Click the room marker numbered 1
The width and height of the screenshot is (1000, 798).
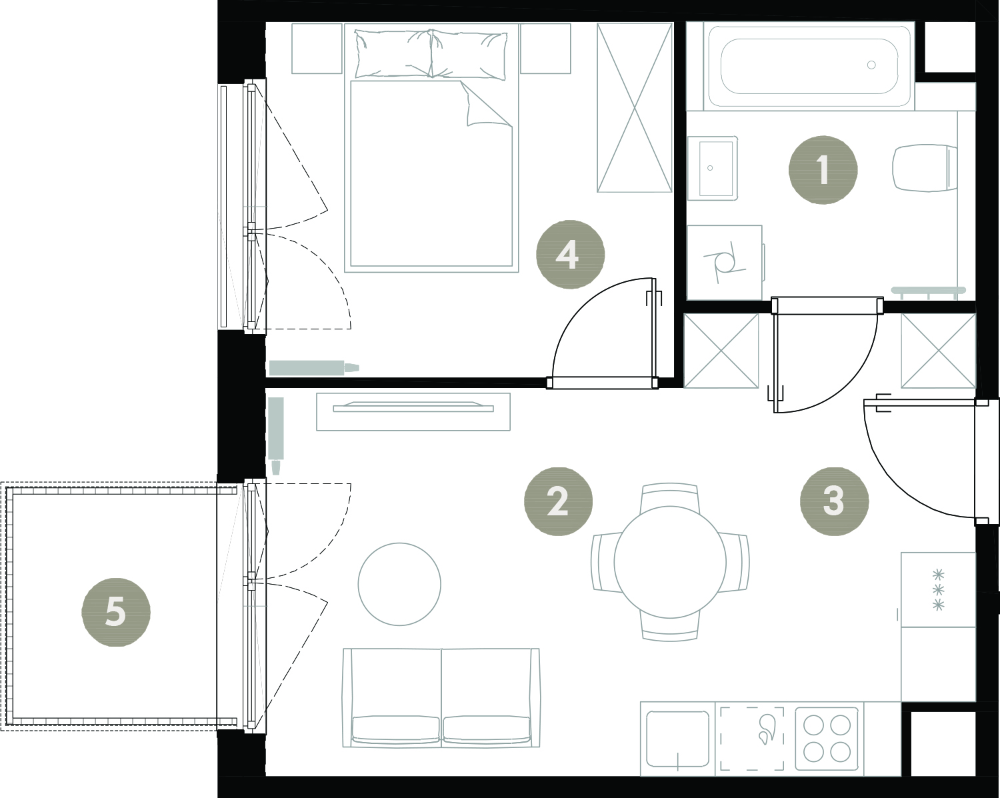pos(823,170)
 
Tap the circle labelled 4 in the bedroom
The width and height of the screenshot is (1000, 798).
pos(570,254)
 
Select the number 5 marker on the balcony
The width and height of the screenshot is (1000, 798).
pos(116,612)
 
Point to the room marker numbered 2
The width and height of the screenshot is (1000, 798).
pos(558,501)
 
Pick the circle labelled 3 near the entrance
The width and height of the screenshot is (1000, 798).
pos(834,501)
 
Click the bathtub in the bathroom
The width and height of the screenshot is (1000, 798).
pos(809,66)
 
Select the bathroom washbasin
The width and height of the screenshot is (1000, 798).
pos(713,168)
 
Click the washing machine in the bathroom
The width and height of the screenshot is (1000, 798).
pos(725,263)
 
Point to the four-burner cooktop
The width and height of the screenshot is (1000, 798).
pos(827,742)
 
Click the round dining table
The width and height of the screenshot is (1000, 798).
pos(669,562)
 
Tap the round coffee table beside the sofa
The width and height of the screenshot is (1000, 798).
pos(399,584)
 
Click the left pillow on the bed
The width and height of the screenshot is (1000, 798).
pos(393,53)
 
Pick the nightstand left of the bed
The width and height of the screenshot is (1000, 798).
pos(317,49)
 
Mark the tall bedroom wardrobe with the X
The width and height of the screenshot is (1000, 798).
pos(634,108)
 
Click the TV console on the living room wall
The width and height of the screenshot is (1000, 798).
pos(413,412)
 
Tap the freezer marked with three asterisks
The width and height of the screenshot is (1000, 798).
pos(938,590)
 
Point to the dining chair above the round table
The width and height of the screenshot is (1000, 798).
pos(669,496)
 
